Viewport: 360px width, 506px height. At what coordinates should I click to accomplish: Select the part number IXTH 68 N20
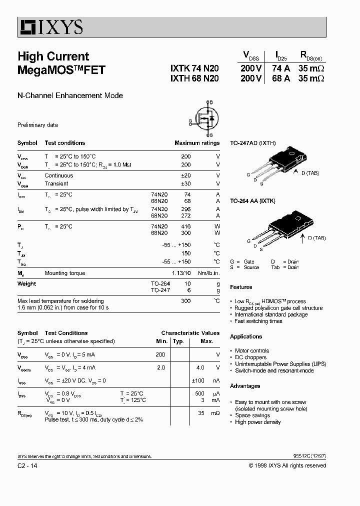pyautogui.click(x=194, y=79)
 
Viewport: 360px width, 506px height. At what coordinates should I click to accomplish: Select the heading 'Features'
pyautogui.click(x=241, y=287)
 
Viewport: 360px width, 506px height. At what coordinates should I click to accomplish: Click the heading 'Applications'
pyautogui.click(x=246, y=336)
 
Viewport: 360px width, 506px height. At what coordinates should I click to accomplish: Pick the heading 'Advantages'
pyautogui.click(x=245, y=386)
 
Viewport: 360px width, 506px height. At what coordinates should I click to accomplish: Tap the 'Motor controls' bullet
pyautogui.click(x=252, y=351)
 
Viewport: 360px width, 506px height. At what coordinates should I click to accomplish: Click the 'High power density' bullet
pyautogui.click(x=257, y=422)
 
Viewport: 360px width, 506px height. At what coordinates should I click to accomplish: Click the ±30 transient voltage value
pyautogui.click(x=185, y=183)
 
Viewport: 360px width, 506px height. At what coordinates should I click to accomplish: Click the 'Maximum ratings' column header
pyautogui.click(x=197, y=143)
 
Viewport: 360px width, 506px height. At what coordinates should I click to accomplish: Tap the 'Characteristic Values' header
pyautogui.click(x=190, y=333)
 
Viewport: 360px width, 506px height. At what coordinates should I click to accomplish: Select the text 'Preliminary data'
pyautogui.click(x=37, y=125)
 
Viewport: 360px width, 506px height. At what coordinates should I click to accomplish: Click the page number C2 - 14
pyautogui.click(x=27, y=465)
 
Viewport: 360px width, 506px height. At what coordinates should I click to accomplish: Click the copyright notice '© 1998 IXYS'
pyautogui.click(x=287, y=465)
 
